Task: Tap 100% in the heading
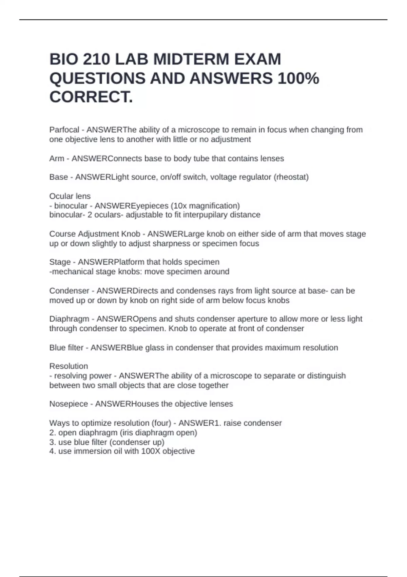[298, 78]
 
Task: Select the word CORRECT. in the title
[91, 97]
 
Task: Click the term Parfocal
[64, 130]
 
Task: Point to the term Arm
[57, 159]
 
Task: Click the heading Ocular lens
[70, 196]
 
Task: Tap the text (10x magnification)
[205, 206]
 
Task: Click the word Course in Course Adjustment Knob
[62, 234]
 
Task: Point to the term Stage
[60, 262]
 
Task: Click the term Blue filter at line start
[66, 348]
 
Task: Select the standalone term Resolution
[69, 366]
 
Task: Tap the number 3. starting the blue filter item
[53, 442]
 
